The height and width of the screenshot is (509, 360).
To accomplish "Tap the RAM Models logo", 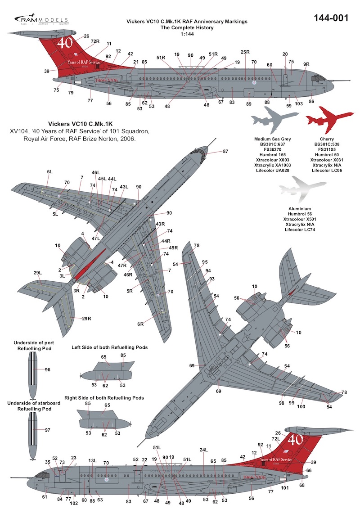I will click(41, 20).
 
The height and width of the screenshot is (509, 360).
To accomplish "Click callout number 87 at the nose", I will click(225, 152).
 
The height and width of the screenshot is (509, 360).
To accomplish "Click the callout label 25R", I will click(245, 52).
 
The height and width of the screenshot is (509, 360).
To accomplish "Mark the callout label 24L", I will click(203, 450).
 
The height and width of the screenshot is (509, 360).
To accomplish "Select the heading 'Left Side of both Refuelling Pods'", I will click(110, 347).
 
